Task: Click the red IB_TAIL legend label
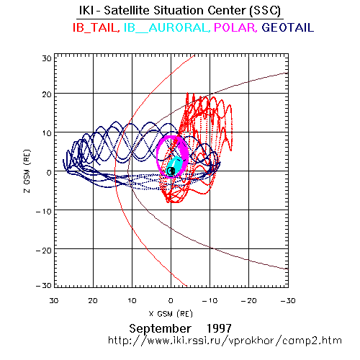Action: [96, 27]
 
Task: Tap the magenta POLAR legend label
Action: [235, 27]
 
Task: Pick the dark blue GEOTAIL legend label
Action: [288, 27]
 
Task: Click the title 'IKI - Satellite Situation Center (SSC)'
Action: [180, 11]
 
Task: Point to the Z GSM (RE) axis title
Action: [27, 171]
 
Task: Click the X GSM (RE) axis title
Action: [171, 314]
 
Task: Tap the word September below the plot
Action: [160, 328]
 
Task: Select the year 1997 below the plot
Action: [219, 328]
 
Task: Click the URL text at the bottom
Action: [225, 341]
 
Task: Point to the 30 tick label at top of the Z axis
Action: [47, 58]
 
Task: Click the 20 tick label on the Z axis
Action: [47, 94]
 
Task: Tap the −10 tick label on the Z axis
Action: [44, 212]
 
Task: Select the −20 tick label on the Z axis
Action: [44, 251]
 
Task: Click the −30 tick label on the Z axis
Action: [44, 285]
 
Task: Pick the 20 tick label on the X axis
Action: [93, 300]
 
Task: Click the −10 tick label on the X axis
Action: [210, 300]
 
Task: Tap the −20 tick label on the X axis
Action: [248, 300]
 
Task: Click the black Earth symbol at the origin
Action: [171, 171]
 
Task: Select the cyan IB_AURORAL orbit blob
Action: [175, 166]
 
